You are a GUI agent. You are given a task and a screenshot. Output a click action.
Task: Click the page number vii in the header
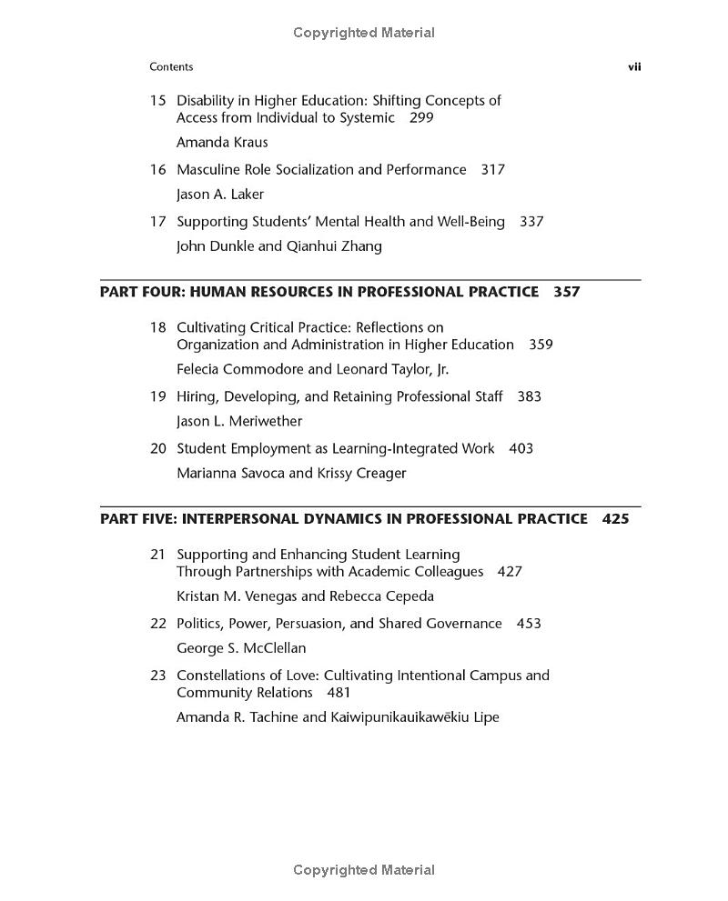pos(634,66)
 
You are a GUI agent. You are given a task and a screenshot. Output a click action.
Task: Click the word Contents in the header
pos(171,66)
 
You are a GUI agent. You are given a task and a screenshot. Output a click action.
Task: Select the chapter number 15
pos(157,101)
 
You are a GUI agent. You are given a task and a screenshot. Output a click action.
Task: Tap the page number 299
pos(421,118)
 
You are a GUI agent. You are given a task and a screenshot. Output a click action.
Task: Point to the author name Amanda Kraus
pos(222,143)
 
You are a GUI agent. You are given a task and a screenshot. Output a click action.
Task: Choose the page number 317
pos(492,170)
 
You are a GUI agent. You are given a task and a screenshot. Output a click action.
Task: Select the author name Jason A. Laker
pos(220,195)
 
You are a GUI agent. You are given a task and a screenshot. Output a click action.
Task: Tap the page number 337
pos(531,222)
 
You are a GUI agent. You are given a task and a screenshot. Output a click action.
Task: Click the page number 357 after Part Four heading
pos(566,292)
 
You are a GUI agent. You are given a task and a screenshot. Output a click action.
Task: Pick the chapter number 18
pos(157,327)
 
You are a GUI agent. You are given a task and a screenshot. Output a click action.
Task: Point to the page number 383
pos(529,397)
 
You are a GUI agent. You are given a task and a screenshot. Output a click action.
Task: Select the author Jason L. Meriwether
pos(239,422)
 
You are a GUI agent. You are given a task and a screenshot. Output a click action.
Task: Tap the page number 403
pos(521,449)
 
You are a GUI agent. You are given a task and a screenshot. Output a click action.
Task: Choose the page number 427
pos(510,572)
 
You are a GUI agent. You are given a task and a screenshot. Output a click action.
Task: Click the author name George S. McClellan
pos(241,648)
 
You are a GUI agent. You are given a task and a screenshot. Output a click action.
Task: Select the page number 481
pos(339,693)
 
